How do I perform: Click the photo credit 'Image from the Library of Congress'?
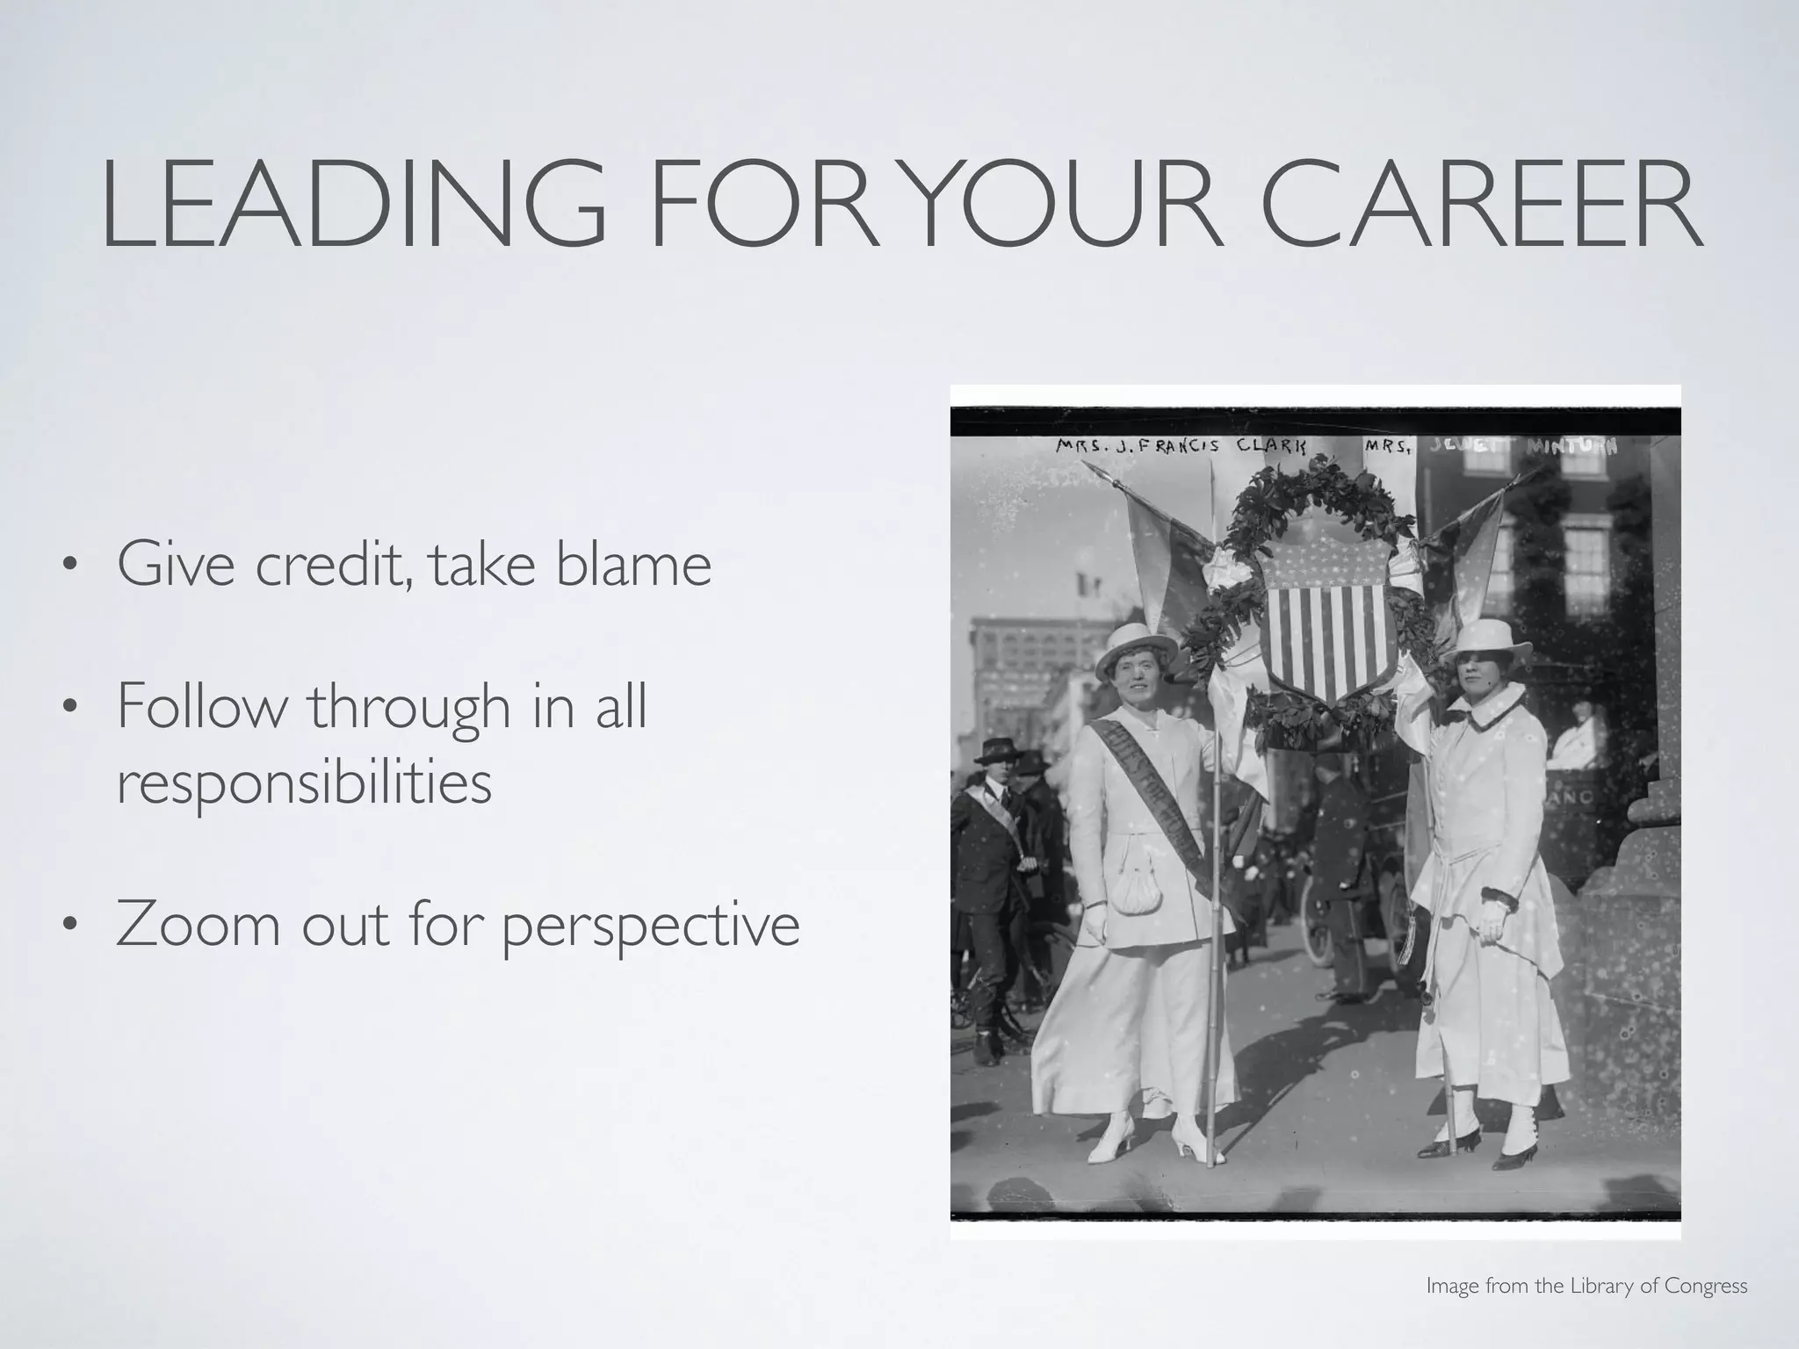1586,1287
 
